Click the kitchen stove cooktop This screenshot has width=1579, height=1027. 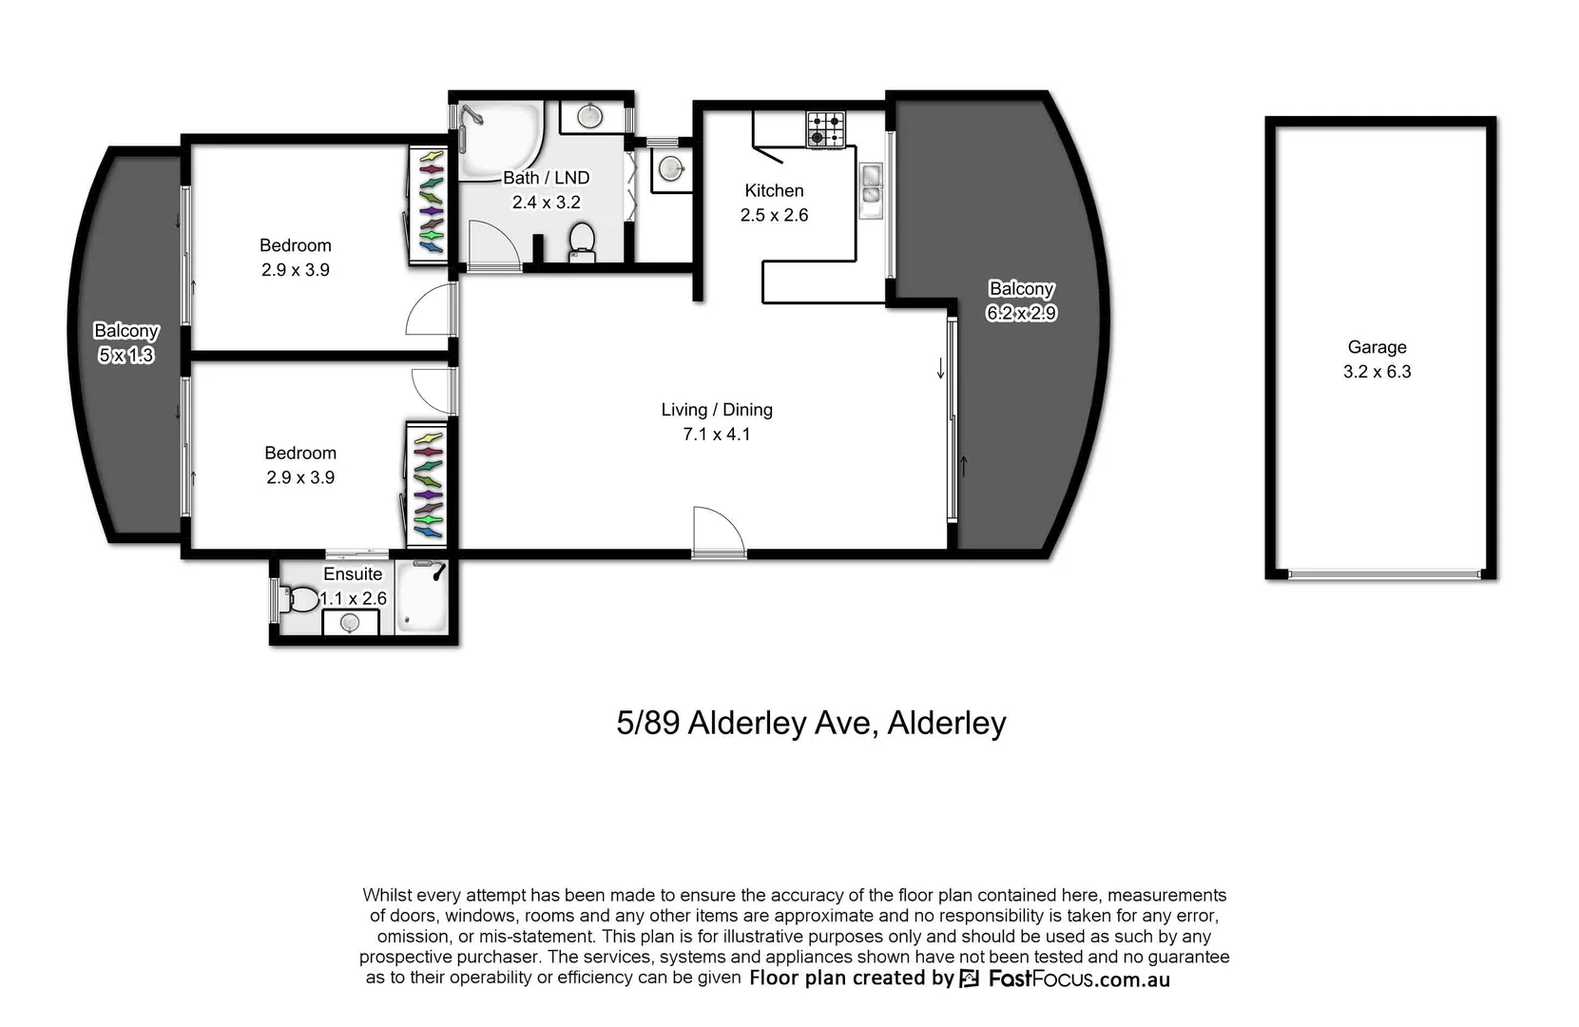(825, 130)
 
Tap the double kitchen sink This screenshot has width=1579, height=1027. (870, 184)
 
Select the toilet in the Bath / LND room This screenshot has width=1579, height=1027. (581, 242)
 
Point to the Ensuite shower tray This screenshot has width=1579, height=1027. (421, 596)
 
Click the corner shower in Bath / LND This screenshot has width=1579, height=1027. (499, 139)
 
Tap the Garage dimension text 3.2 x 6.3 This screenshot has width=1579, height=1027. (1376, 372)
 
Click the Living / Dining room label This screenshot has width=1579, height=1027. (716, 410)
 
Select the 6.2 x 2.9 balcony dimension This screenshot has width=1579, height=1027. (1021, 313)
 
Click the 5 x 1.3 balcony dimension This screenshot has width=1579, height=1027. (125, 355)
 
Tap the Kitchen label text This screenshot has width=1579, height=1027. (773, 190)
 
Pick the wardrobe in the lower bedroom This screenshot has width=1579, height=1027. (428, 485)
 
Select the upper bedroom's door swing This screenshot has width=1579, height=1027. (430, 311)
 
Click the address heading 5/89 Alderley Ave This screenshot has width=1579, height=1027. (810, 723)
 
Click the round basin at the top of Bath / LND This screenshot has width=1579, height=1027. (589, 117)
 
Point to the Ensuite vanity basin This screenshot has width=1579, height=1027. (349, 623)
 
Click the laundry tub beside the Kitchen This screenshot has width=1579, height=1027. (672, 168)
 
